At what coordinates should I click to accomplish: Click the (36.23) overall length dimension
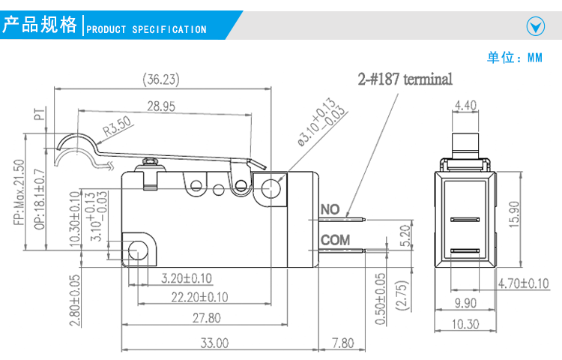pyautogui.click(x=161, y=79)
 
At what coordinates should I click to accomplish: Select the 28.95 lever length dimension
pyautogui.click(x=161, y=106)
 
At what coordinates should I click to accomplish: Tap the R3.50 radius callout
pyautogui.click(x=117, y=126)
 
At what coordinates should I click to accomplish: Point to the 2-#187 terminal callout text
pyautogui.click(x=405, y=79)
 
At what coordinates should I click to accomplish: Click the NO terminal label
pyautogui.click(x=330, y=209)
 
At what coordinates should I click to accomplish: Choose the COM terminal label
pyautogui.click(x=336, y=240)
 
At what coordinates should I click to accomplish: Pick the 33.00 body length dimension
pyautogui.click(x=214, y=343)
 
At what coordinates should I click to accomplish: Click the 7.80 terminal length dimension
pyautogui.click(x=343, y=343)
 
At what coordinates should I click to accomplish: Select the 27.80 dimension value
pyautogui.click(x=207, y=318)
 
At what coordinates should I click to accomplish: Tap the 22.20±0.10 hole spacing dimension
pyautogui.click(x=199, y=297)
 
